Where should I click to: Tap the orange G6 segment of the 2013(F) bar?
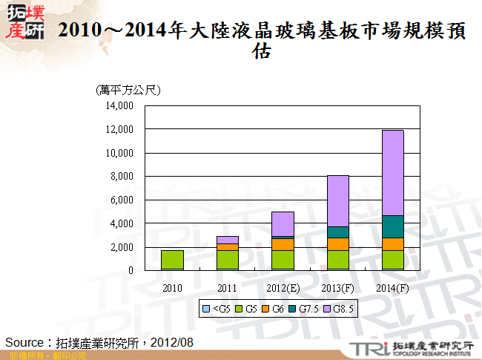tap(337, 243)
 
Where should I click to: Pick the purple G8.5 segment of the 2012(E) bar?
tap(283, 223)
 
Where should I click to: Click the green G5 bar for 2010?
tap(172, 260)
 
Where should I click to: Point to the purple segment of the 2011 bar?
tap(228, 240)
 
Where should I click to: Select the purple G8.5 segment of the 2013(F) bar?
tap(337, 200)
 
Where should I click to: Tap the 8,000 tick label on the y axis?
tap(121, 177)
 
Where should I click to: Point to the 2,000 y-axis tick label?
tap(121, 247)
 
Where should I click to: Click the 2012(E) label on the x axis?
tap(283, 287)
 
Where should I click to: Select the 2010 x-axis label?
tap(172, 287)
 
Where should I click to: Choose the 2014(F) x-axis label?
tap(392, 287)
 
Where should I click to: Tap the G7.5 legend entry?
tap(311, 308)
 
